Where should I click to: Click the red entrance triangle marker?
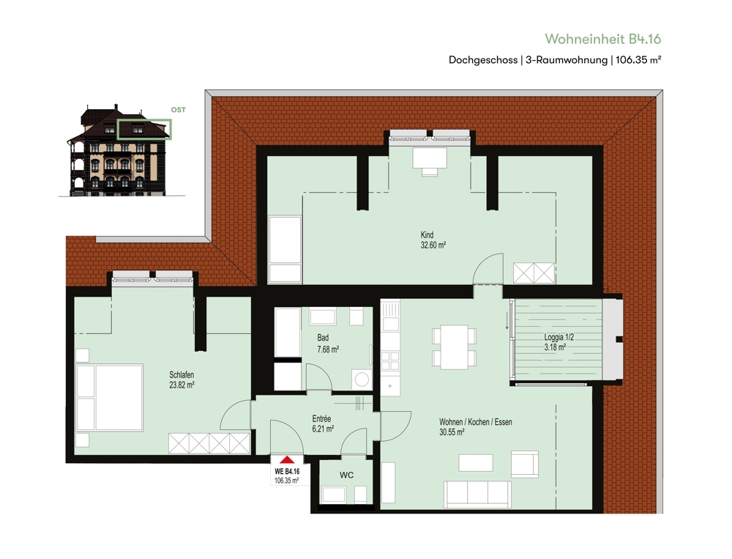tap(288, 460)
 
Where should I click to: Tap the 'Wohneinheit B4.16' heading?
tap(602, 39)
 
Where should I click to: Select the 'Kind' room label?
tap(427, 234)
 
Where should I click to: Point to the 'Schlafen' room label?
tap(182, 375)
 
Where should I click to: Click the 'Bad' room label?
tap(323, 338)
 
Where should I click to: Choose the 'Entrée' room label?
tap(321, 419)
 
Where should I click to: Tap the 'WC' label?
tap(346, 475)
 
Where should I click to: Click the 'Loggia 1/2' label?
tap(559, 337)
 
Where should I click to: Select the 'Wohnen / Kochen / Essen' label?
tap(476, 422)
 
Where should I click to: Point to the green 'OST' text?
tap(179, 110)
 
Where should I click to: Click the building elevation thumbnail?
tap(121, 150)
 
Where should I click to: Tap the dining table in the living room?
tap(455, 347)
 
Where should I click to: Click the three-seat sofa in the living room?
tap(477, 494)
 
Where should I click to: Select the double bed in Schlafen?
tap(110, 397)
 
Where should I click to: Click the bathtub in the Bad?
tap(287, 332)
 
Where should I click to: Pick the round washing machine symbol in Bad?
tap(362, 379)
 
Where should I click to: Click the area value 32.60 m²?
tap(433, 245)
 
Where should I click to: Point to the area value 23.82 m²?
tap(182, 385)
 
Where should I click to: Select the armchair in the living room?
tap(525, 464)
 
